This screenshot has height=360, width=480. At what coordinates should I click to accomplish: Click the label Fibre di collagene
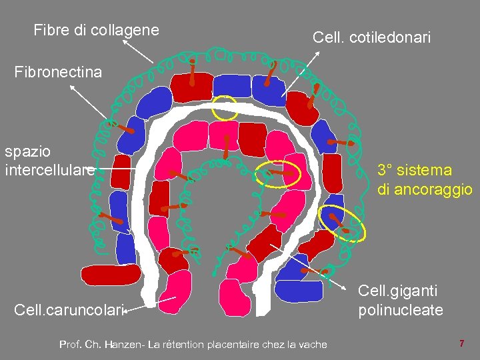pyautogui.click(x=96, y=30)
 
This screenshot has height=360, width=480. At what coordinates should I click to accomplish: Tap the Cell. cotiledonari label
pyautogui.click(x=371, y=39)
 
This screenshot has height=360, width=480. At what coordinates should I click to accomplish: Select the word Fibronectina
pyautogui.click(x=58, y=71)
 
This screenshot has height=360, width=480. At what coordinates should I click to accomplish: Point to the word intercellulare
pyautogui.click(x=49, y=170)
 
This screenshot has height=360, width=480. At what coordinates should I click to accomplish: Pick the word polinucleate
pyautogui.click(x=400, y=310)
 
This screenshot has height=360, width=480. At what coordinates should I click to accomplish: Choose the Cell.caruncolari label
pyautogui.click(x=69, y=310)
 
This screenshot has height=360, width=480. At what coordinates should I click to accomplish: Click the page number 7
pyautogui.click(x=461, y=343)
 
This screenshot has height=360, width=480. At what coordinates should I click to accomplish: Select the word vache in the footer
pyautogui.click(x=312, y=344)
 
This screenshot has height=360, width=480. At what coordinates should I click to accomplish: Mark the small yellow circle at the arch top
pyautogui.click(x=225, y=107)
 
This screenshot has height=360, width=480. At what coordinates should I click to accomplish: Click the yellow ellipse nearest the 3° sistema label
pyautogui.click(x=342, y=223)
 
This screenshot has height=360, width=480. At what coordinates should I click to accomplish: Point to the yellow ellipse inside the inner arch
pyautogui.click(x=280, y=175)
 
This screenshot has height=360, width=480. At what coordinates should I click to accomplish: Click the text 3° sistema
pyautogui.click(x=414, y=170)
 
